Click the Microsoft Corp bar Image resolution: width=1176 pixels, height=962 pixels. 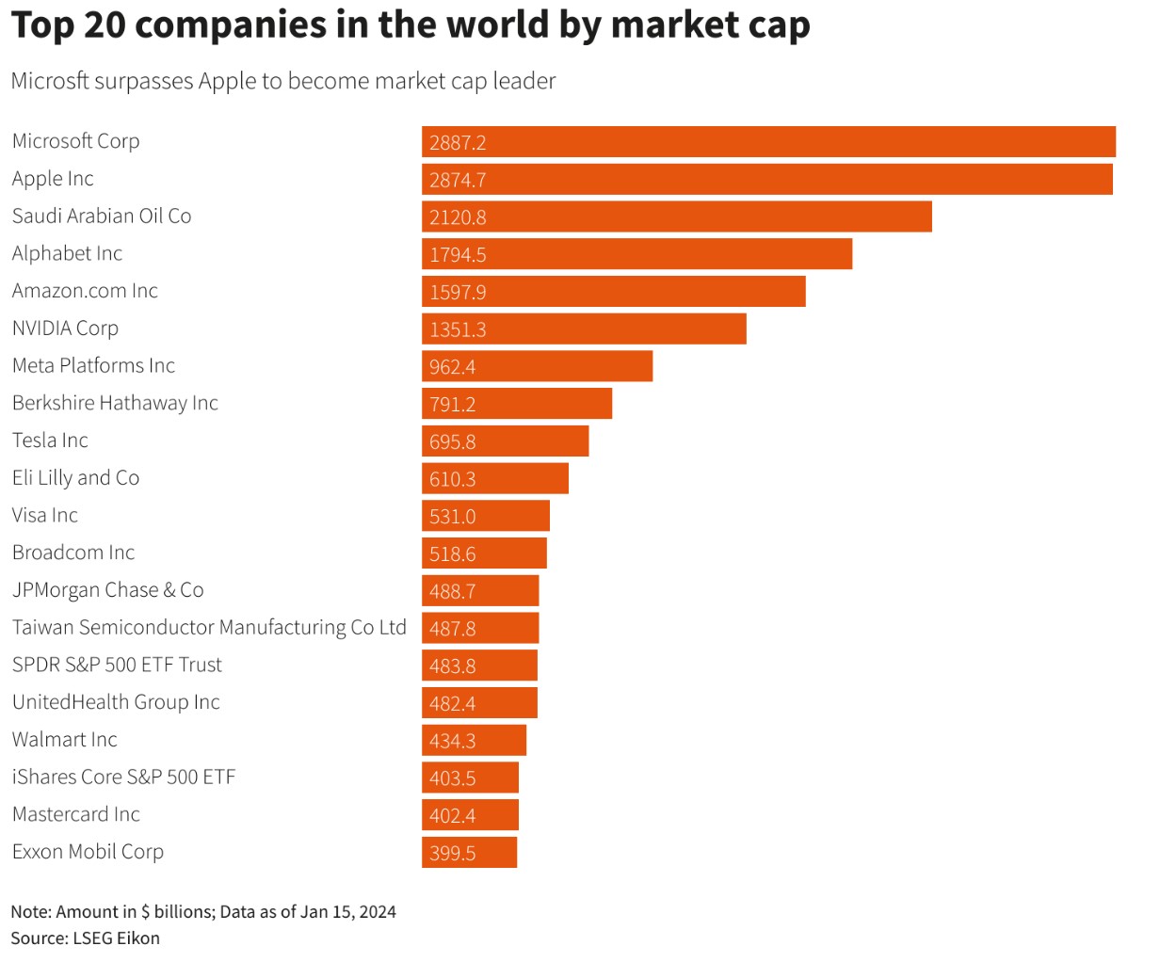[x=768, y=141]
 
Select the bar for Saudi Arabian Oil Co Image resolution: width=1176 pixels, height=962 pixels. [x=676, y=216]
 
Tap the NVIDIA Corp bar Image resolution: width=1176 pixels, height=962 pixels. [x=584, y=329]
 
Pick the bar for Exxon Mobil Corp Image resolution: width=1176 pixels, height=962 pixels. [x=470, y=852]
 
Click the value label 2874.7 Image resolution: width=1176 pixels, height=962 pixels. [x=458, y=180]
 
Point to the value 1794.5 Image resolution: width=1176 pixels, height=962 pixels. [x=458, y=255]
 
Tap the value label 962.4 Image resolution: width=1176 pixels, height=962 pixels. [x=452, y=367]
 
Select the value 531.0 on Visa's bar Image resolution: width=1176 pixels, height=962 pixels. [x=452, y=516]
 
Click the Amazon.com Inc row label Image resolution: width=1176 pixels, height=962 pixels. [x=85, y=290]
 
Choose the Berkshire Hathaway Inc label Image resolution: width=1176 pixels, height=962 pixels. [x=115, y=403]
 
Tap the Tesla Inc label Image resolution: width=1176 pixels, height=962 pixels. [x=50, y=440]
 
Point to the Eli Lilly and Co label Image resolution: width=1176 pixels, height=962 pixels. [x=76, y=477]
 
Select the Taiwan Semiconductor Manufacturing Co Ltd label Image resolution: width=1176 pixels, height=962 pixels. [x=209, y=627]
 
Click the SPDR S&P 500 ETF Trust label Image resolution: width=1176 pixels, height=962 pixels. [x=117, y=665]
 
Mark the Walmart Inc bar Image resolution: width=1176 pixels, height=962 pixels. [x=474, y=740]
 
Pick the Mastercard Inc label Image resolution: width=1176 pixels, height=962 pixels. [x=76, y=813]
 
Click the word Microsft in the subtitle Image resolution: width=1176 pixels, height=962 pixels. [x=50, y=81]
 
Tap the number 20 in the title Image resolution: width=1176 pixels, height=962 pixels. [x=105, y=24]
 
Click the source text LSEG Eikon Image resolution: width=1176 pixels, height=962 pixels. [x=116, y=938]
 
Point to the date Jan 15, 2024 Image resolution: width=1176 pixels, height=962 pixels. [x=348, y=912]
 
